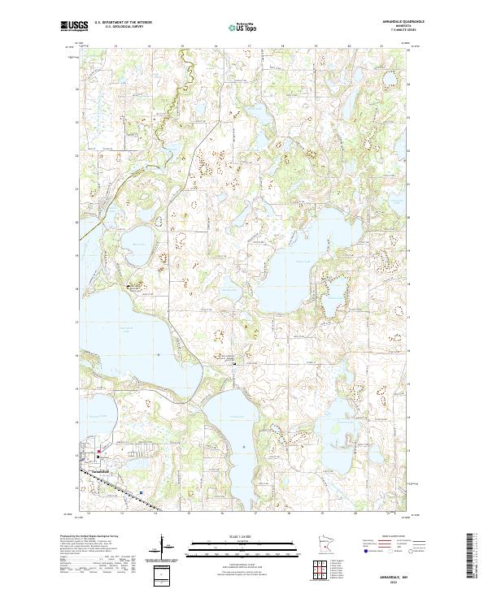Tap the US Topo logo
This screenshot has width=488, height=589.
(238, 28)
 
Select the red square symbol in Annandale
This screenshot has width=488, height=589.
(99, 452)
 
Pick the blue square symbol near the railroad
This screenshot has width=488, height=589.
(141, 492)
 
